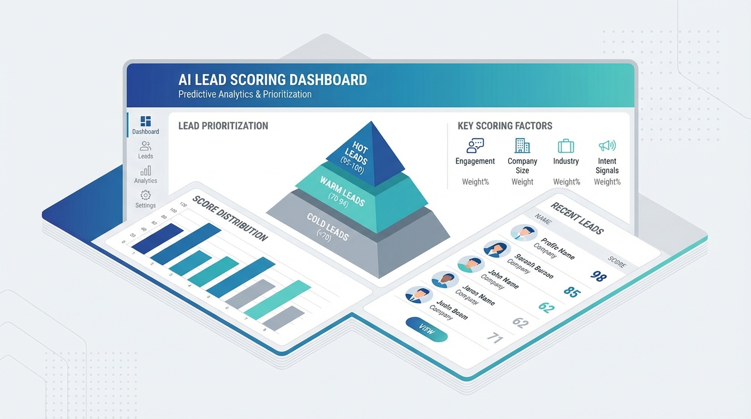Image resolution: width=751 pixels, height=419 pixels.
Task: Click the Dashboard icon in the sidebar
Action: click(145, 121)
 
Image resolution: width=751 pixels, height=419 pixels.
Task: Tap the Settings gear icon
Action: click(145, 195)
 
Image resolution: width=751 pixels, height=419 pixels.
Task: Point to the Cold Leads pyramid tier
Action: click(327, 226)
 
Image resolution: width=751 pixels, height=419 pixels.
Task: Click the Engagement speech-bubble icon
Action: click(475, 146)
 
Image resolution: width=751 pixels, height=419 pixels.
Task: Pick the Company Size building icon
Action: click(522, 146)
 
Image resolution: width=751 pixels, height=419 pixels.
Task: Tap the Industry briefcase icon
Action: click(566, 146)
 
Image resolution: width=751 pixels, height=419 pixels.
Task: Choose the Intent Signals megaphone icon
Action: click(607, 146)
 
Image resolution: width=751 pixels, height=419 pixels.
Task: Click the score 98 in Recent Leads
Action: click(599, 276)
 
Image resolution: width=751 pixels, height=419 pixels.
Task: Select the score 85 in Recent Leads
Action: click(571, 292)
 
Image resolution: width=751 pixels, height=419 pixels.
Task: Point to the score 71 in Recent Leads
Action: click(494, 338)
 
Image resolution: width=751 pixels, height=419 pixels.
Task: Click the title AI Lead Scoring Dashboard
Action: click(272, 80)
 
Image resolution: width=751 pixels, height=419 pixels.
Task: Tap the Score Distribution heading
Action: click(230, 218)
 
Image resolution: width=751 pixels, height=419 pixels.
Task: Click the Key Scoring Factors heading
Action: click(505, 126)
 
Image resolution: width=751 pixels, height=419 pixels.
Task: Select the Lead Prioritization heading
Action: click(223, 126)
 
